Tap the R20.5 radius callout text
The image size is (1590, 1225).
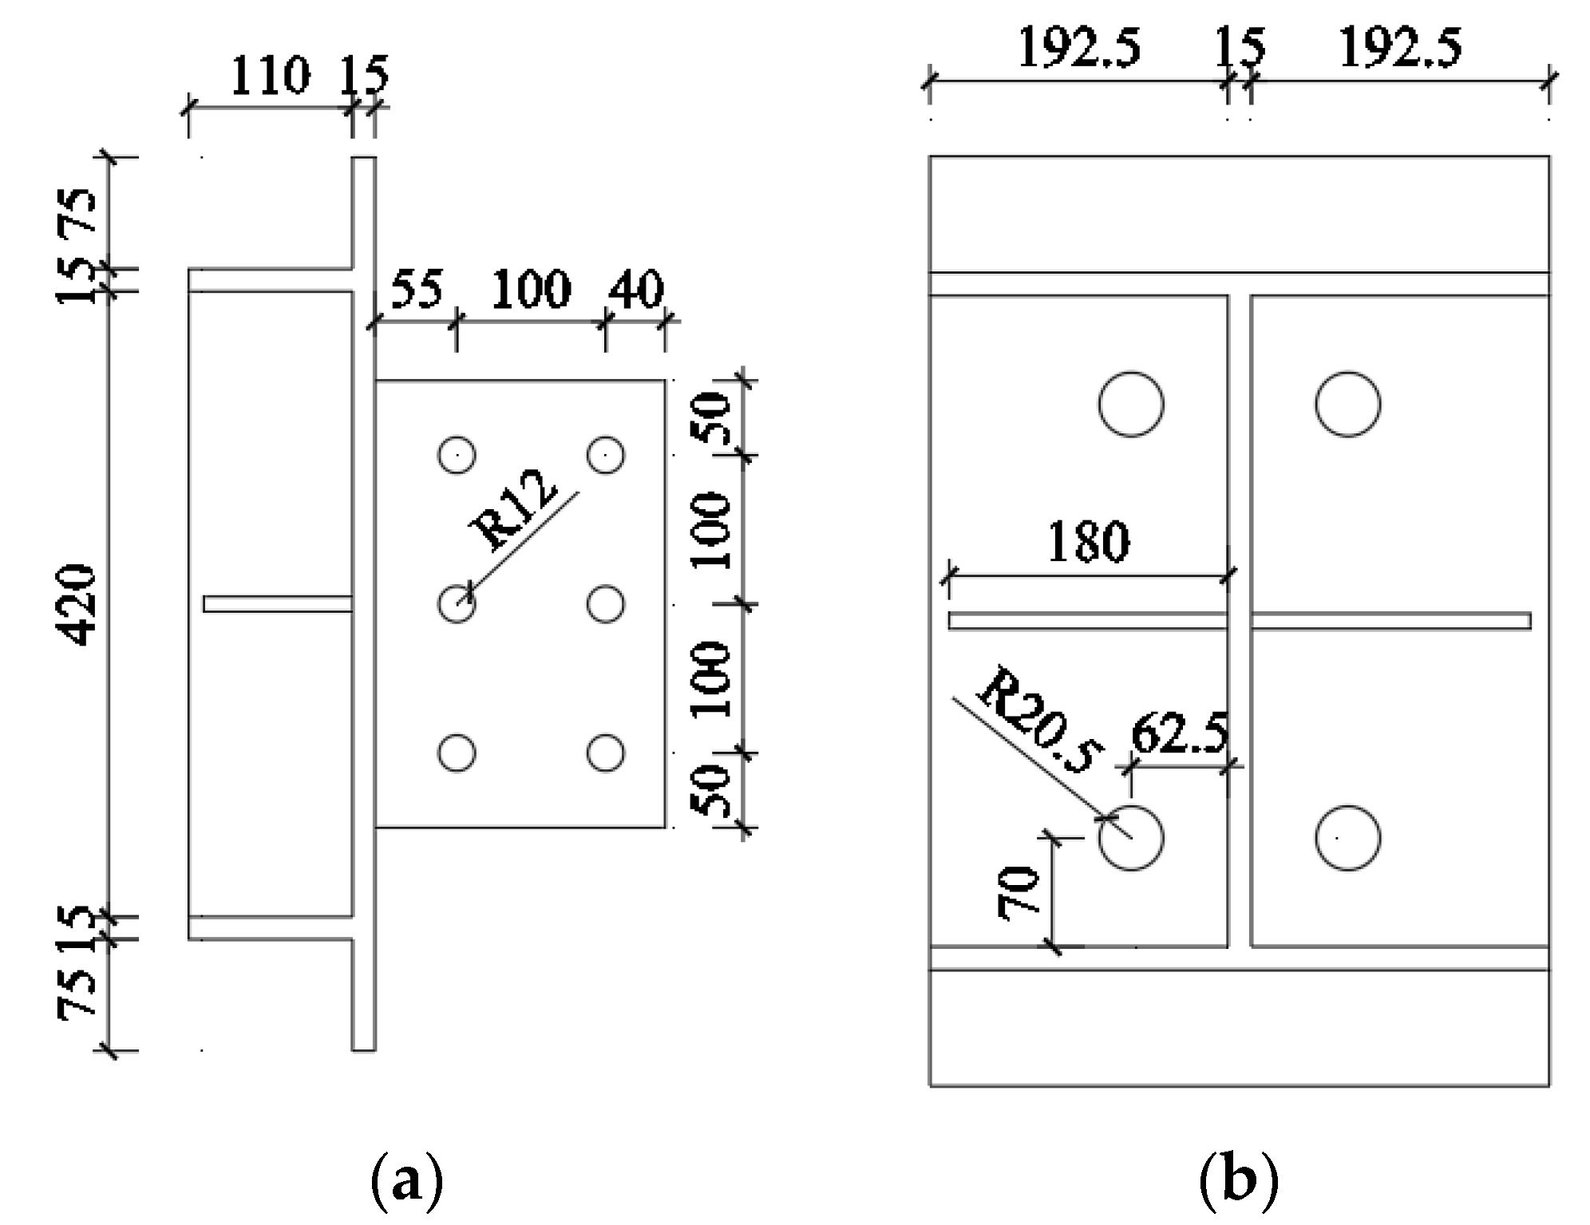pos(1038,722)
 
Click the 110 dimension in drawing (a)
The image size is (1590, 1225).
pos(270,76)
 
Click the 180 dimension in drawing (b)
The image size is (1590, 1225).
pos(1088,542)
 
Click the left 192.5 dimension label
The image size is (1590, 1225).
pos(1078,47)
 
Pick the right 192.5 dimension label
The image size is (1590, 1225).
pos(1399,47)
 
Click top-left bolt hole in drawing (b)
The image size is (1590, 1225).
pos(1130,404)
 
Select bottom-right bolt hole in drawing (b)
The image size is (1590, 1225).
pos(1347,838)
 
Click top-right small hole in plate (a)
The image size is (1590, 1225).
pos(605,456)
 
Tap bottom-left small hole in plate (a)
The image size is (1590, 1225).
pos(457,753)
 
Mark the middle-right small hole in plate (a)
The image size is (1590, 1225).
pos(605,604)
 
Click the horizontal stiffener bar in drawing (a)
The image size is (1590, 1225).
pos(277,604)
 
